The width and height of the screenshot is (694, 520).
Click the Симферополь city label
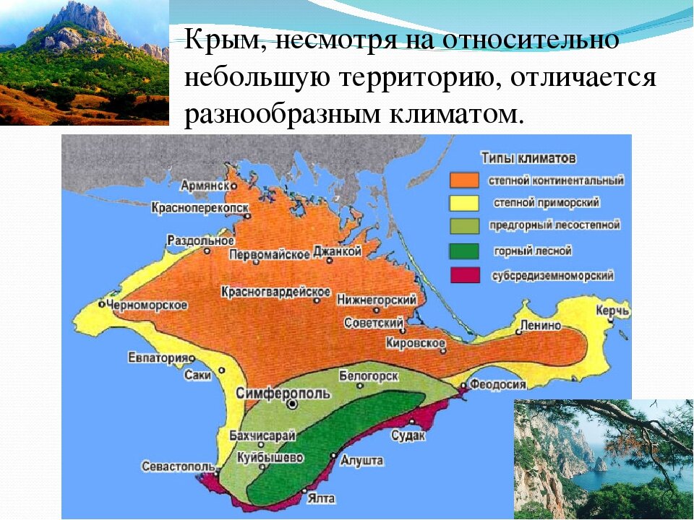pos(284,393)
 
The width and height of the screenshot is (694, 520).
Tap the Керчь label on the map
pos(613,311)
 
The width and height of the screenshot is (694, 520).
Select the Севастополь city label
pos(179,466)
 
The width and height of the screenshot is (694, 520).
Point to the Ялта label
pos(320,498)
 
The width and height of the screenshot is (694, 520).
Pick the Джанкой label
pos(336,252)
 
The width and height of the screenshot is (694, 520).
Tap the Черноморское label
pos(147,305)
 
